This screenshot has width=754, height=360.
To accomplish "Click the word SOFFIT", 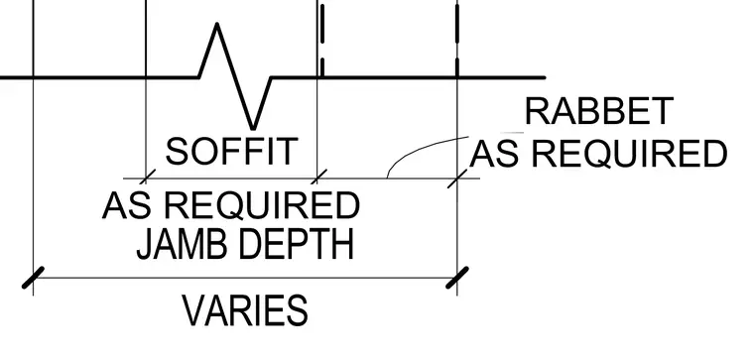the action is pos(232,151).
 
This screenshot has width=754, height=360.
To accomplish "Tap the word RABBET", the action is pos(598,111).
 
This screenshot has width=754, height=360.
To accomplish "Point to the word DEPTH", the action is pos(296,245).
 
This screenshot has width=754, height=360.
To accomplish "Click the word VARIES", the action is pos(245,310).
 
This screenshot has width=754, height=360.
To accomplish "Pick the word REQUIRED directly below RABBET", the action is pos(629,154).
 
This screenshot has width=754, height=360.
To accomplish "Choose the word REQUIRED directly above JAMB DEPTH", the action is pos(262,205).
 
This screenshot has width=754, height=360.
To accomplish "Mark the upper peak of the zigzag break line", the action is pos(217,24).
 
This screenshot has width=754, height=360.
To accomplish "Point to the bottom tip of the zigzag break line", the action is pos(253,129).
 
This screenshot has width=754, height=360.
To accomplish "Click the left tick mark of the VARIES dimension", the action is pos(33,278).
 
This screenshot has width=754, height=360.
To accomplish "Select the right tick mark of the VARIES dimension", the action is pos(456,278).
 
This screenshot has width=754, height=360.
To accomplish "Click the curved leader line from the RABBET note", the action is pos(414,149).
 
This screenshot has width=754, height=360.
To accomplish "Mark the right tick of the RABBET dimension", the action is pos(456,179).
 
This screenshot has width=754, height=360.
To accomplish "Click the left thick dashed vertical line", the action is pos(321,40).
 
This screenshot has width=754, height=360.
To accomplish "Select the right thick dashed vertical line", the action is pos(456,40).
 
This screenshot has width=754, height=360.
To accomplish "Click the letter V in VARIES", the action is pos(194,310).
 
